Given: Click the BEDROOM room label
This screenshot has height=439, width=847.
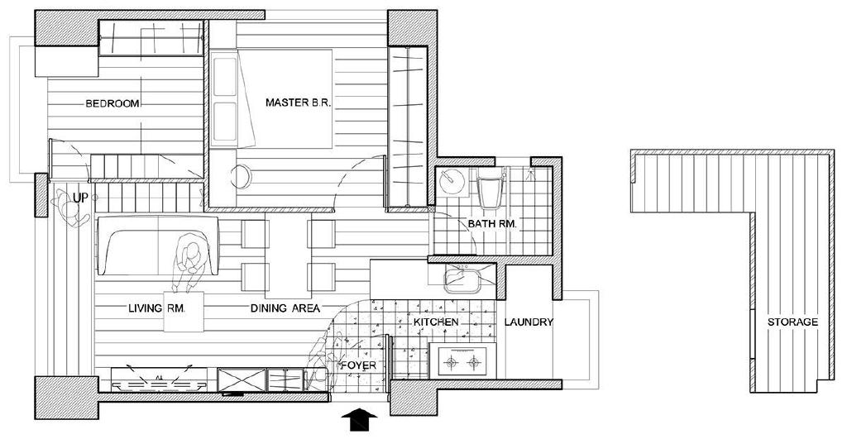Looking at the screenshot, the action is pos(112,103).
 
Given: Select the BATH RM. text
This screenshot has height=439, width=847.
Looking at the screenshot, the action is pos(492,223).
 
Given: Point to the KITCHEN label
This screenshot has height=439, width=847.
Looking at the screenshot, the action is pos(436,322).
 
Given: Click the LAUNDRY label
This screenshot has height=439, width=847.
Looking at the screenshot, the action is pos(529,322).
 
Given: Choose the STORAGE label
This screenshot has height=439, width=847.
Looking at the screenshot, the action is pos(792,322).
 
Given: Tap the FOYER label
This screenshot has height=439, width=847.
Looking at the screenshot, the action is pos(358,365).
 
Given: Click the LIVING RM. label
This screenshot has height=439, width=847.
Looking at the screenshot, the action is pos(157,309).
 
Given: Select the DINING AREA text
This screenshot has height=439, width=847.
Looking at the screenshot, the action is pos(285,309).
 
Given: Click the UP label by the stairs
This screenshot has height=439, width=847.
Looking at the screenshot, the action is pos(80,198).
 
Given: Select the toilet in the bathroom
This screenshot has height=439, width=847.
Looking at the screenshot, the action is pos(490,190).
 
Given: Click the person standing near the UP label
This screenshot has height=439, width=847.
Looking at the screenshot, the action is pos(70,211).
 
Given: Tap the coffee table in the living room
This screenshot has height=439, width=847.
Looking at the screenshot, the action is pos(184,311).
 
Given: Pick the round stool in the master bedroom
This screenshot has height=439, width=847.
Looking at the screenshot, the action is pos(242,176).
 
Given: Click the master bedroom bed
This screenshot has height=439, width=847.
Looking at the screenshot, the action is pos(271,99).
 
